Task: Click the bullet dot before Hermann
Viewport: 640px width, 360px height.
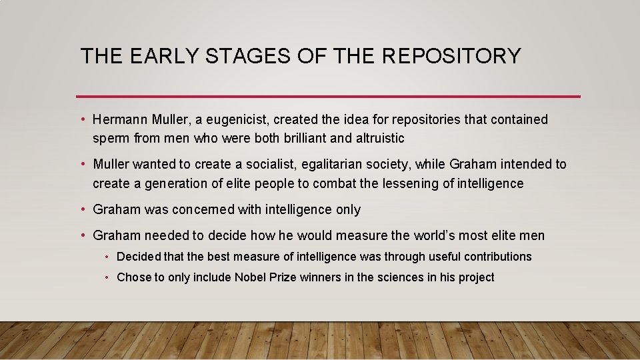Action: click(x=83, y=120)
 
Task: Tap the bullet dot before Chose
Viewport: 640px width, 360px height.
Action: click(x=107, y=277)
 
